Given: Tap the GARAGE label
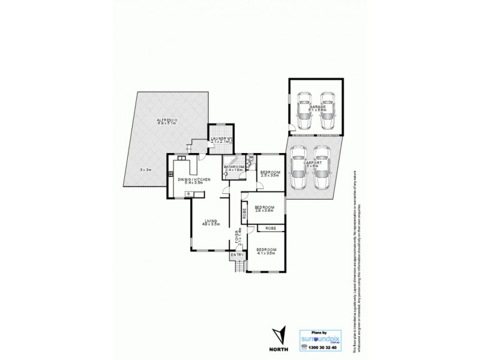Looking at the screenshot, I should coord(316,107).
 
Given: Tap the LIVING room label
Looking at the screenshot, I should coord(211,221).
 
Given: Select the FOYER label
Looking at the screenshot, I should coord(239,238).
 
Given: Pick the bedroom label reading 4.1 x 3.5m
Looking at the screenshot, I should coord(266,250).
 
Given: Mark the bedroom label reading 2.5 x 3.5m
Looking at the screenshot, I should coord(269,174).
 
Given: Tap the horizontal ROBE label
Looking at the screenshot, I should coord(271,229).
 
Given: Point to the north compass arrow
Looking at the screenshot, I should coord(278,334).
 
